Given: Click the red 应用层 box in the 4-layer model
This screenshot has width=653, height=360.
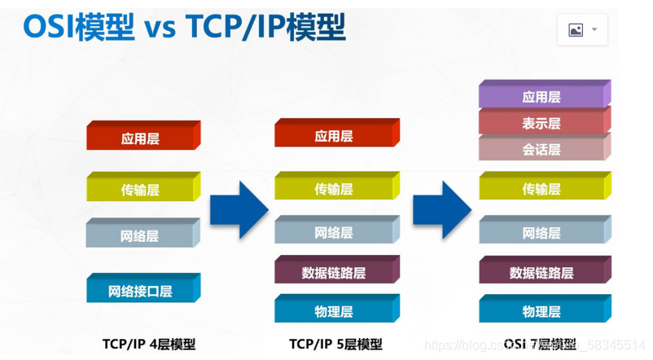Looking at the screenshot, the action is point(140,138).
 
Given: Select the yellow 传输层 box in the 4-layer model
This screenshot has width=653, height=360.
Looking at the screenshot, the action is point(140,190).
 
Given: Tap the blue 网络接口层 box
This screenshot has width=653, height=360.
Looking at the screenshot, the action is point(140,291).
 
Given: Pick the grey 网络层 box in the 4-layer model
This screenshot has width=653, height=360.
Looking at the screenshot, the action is point(140,236).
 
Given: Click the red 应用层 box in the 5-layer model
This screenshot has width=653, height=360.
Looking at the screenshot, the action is point(334,136).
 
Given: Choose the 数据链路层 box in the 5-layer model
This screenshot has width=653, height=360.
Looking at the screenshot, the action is point(334,273).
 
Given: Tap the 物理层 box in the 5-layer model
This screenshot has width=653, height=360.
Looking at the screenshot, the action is point(334,311).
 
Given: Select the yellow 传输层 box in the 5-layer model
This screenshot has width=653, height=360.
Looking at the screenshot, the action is point(334,189).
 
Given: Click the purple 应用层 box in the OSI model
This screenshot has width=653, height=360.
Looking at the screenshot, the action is point(541,97).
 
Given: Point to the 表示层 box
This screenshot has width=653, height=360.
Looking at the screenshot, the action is point(541,123).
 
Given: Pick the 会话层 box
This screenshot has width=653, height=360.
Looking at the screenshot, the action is point(541,149).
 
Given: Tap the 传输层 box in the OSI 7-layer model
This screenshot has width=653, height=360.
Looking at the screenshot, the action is point(541,189).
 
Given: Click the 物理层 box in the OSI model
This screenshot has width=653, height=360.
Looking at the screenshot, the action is point(541,311).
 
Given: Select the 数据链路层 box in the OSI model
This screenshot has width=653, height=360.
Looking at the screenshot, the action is point(541,273).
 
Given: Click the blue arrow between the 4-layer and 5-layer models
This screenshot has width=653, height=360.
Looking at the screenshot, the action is point(238,210).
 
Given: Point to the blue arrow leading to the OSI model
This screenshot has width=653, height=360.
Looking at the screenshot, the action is point(441,210).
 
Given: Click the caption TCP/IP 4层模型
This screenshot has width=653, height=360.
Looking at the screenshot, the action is point(149,344).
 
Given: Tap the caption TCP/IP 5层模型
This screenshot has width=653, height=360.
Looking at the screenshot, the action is point(335,344).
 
